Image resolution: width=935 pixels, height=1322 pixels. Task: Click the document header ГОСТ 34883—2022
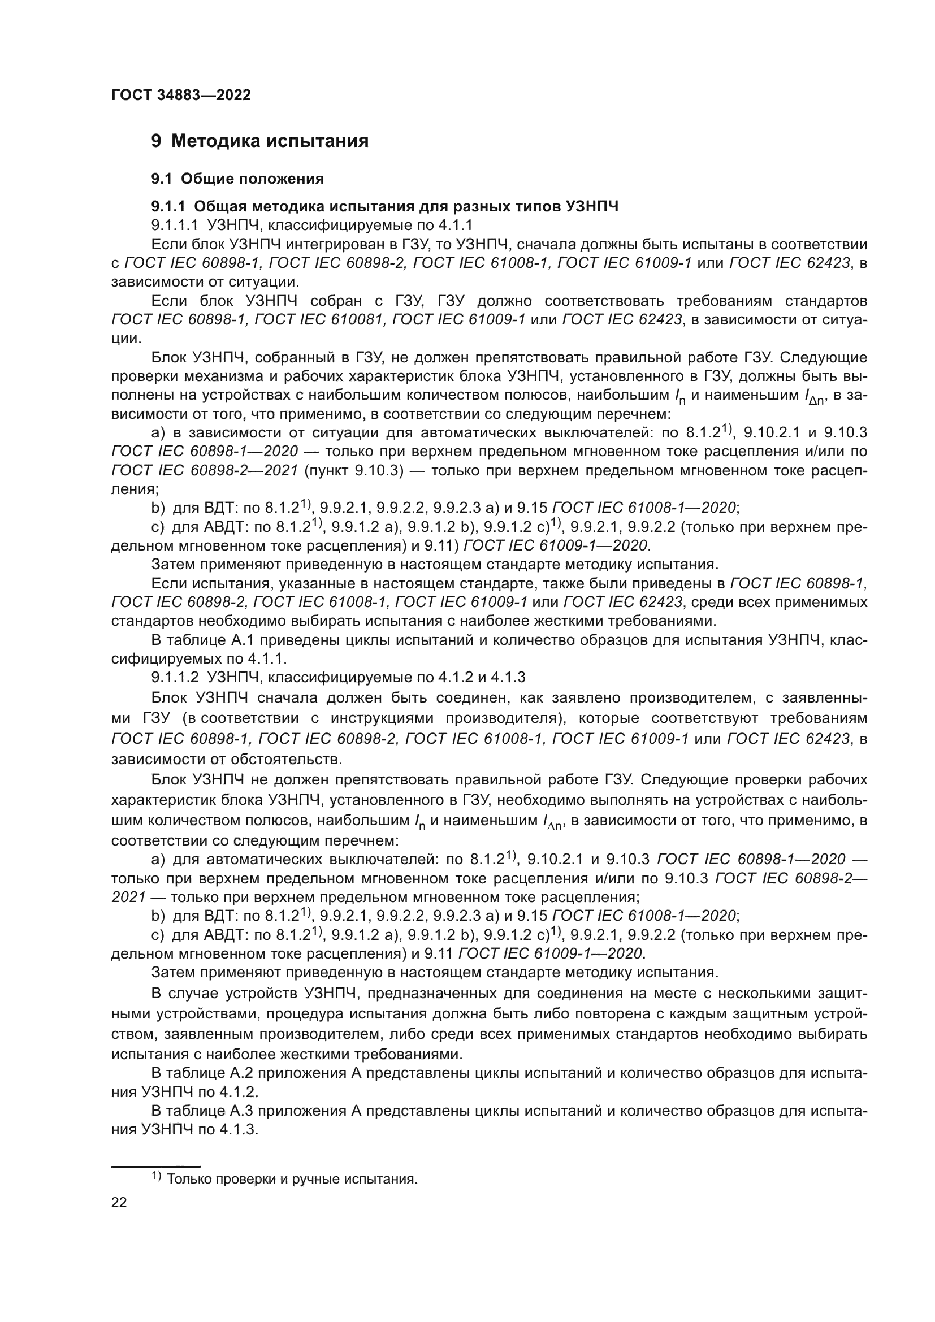point(181,95)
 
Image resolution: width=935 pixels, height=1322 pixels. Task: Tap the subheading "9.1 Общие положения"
point(237,179)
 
